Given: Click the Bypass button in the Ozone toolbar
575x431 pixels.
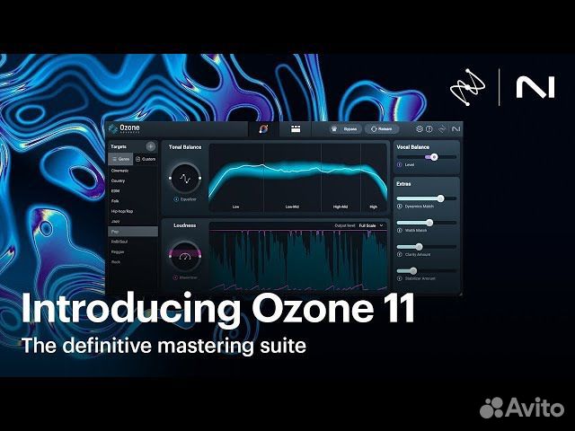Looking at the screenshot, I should tap(348, 129).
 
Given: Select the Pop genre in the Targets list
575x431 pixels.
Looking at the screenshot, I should tap(115, 231).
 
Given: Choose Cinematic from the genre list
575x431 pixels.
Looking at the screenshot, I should tap(119, 171).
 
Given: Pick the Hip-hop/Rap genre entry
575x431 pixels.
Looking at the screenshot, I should tap(121, 211).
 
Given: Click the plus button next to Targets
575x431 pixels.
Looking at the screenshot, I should tap(150, 145).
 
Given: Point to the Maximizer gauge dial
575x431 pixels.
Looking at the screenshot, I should tap(184, 257).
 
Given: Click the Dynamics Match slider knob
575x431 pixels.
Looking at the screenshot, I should tap(440, 198).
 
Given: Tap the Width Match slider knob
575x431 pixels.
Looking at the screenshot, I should tap(429, 222).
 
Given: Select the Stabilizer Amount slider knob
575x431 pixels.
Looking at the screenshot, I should tap(412, 270).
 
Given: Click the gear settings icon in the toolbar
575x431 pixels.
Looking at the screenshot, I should tap(419, 129).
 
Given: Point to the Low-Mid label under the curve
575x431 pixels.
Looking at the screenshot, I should tap(292, 207).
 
